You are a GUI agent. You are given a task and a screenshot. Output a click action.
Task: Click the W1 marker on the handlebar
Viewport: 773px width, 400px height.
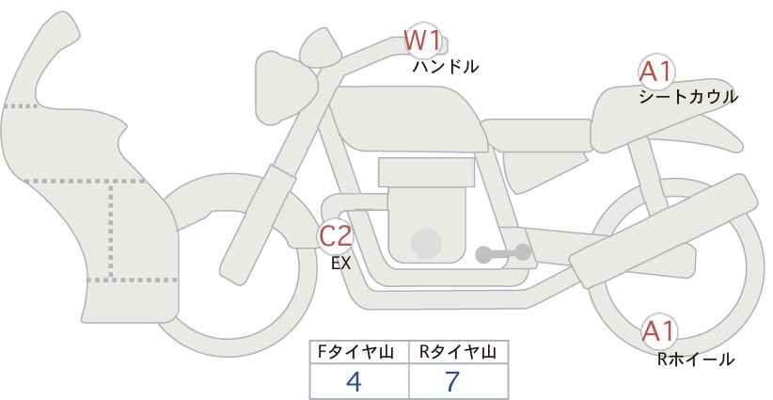pos(422,41)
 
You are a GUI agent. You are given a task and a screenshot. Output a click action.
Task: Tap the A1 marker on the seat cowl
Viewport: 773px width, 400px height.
pos(655,72)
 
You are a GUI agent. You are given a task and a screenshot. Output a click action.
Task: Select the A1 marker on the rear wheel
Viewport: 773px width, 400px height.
pos(658,331)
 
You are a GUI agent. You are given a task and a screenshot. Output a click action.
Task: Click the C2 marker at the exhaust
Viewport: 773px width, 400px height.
pos(336,236)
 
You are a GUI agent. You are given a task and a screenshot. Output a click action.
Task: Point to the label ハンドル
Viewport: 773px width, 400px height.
pos(446,67)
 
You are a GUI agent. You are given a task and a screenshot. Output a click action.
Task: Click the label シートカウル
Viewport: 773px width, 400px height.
pos(687,96)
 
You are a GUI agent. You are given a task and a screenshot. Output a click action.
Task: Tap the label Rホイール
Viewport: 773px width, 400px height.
pos(696,359)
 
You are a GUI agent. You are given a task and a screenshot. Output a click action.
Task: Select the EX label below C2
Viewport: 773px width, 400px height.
pos(340,264)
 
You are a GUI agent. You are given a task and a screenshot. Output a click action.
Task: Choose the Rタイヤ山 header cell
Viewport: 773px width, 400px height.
pos(458,352)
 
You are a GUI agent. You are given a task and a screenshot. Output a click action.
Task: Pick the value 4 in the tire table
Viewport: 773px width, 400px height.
pos(354,381)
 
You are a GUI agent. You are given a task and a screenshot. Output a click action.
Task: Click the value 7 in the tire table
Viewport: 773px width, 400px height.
pos(452,381)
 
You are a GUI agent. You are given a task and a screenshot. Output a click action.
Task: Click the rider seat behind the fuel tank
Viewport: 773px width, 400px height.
pos(536,136)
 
